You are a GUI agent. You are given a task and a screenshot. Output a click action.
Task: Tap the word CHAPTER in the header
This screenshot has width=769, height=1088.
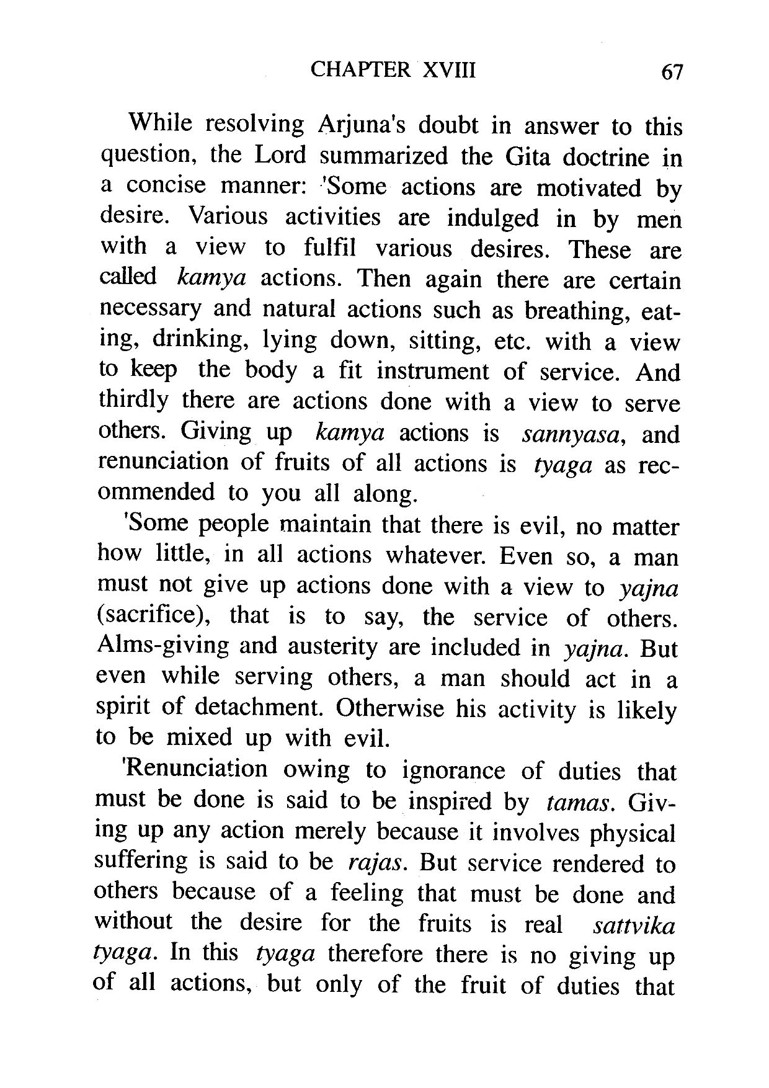pyautogui.click(x=360, y=70)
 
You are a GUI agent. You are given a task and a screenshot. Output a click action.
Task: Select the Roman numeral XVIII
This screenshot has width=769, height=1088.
pyautogui.click(x=449, y=70)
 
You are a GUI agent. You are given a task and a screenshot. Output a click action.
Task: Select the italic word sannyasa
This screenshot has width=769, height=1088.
pyautogui.click(x=572, y=434)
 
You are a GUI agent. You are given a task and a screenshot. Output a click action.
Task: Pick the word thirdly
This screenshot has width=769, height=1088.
pyautogui.click(x=133, y=401)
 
